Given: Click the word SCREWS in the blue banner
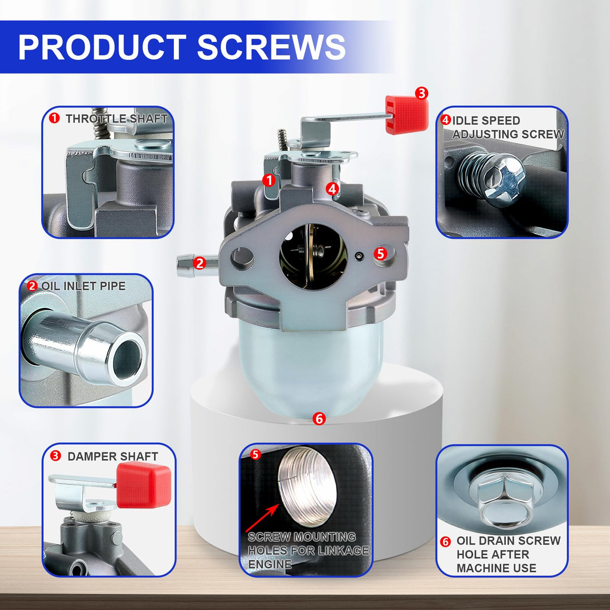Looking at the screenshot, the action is pos(271,47).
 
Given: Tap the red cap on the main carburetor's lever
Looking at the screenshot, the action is pos(407,114).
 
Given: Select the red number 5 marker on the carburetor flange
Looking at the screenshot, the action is pos(380,254).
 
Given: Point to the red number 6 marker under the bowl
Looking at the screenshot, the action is pos(319,419).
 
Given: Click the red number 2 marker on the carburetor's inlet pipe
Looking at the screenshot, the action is pos(199,263).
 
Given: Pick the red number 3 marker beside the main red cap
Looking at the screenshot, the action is pos(421,94).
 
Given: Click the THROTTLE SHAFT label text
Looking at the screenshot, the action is pos(116,119).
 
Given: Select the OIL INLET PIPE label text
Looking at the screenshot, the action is pos(83,286).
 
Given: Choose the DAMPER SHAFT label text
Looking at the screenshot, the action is pos(113,456).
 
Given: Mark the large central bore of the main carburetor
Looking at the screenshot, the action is pos(314,256).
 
